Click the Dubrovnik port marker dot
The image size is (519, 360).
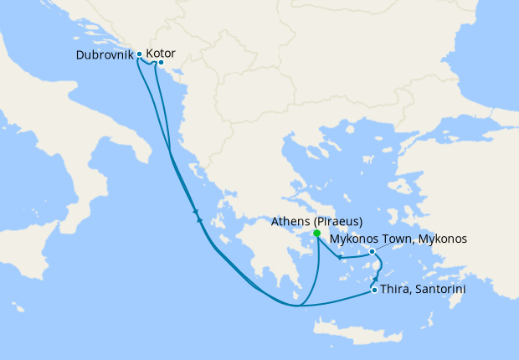coord(139,54)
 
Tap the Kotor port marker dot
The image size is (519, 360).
coord(160,62)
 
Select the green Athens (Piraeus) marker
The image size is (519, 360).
coord(316,234)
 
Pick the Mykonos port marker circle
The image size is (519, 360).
coord(372,251)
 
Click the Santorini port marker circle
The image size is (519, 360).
coord(373,291)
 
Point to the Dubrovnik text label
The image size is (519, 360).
coord(104,54)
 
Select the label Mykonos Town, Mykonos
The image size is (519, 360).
coord(398,239)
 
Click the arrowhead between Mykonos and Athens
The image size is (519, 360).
coord(340,257)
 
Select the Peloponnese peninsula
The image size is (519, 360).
coord(268,260)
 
